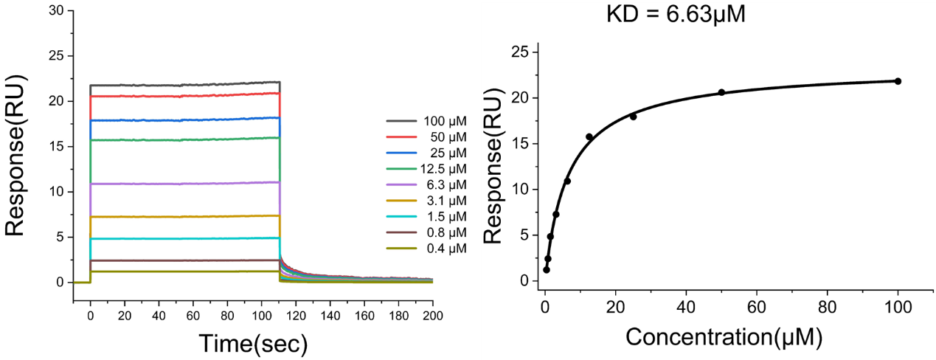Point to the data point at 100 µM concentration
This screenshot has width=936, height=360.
[898, 81]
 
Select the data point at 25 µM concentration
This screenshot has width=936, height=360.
[633, 117]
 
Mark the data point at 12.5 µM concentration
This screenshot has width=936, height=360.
[589, 136]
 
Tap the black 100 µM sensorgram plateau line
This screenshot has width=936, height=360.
[184, 85]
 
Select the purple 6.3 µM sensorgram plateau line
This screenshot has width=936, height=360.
[184, 183]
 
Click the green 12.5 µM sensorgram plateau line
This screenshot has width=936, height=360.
[184, 139]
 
